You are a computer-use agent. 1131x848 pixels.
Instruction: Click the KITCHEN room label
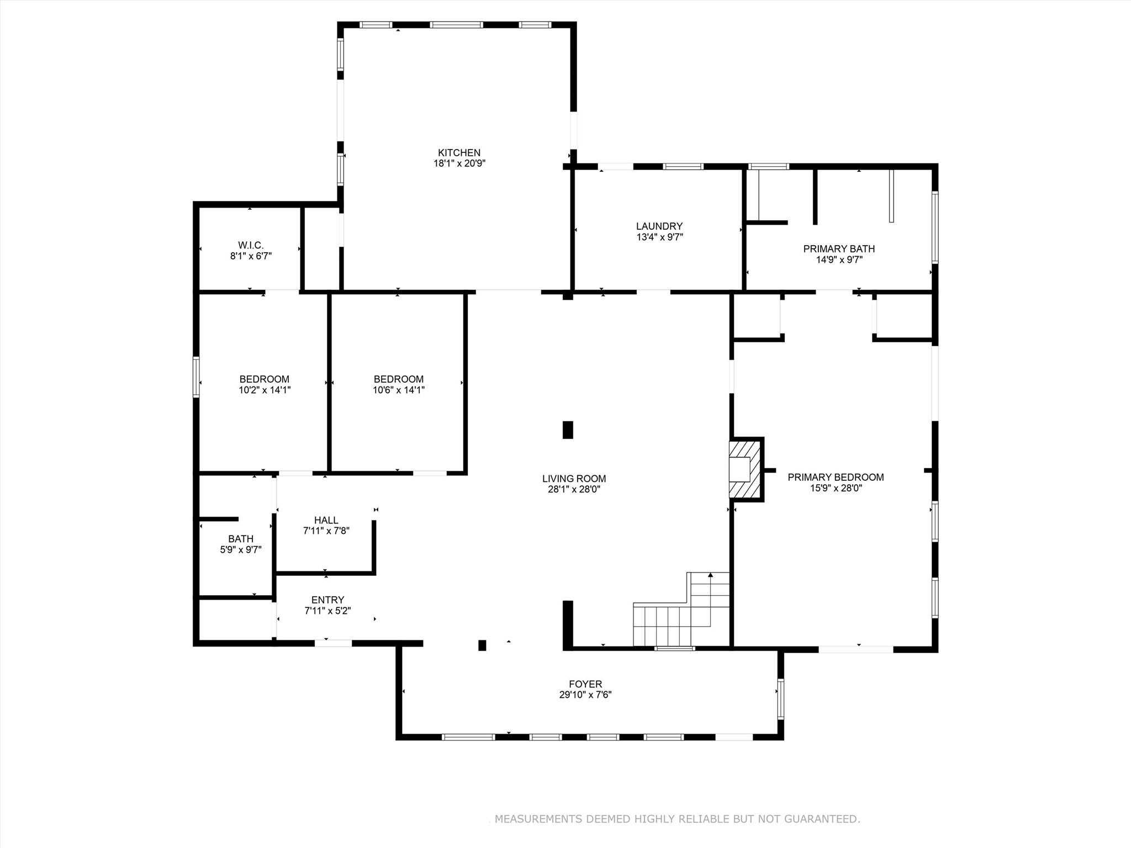(459, 153)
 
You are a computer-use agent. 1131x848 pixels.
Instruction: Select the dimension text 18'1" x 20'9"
(459, 163)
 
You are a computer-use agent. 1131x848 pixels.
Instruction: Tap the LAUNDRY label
(659, 226)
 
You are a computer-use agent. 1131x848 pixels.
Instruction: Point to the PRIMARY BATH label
(839, 249)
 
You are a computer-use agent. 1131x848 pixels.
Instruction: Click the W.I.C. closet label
(251, 245)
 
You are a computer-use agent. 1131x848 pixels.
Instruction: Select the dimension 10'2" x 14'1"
(264, 390)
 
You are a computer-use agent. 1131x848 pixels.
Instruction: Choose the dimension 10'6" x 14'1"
(398, 390)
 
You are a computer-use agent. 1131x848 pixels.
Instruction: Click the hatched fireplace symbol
(744, 469)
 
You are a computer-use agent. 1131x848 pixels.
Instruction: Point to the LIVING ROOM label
(574, 479)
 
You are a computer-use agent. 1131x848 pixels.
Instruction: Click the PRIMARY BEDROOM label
(835, 478)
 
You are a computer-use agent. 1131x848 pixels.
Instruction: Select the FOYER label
(585, 684)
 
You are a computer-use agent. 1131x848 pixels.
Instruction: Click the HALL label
(326, 520)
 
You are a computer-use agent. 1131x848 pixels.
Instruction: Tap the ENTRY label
(327, 600)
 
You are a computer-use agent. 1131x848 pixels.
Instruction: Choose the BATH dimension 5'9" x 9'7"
(240, 550)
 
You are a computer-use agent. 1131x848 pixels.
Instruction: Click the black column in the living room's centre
(567, 430)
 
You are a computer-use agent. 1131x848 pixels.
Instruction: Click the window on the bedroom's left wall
(195, 377)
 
